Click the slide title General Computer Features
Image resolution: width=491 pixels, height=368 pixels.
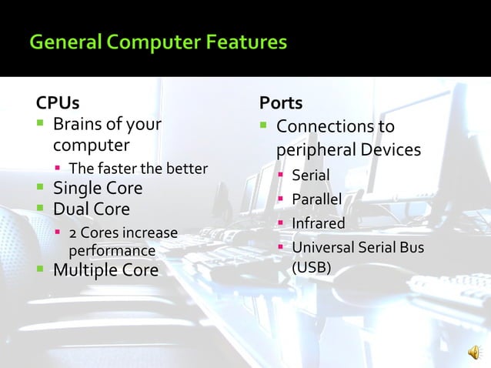tap(158, 42)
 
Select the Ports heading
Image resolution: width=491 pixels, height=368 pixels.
tap(281, 102)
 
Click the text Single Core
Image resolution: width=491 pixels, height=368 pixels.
tap(97, 189)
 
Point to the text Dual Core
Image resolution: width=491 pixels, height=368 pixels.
tap(91, 209)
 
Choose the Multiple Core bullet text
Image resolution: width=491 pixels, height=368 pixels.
tap(105, 270)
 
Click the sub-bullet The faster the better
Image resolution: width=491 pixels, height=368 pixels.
tap(138, 169)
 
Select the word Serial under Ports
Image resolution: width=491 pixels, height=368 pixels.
tap(310, 176)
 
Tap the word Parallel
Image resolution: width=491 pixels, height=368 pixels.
tap(316, 200)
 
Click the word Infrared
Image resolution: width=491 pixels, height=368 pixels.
tap(318, 223)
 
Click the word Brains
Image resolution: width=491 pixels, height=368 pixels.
tap(78, 125)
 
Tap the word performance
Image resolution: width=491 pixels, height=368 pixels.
tap(112, 251)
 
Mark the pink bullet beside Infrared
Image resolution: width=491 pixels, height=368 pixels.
tap(282, 224)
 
